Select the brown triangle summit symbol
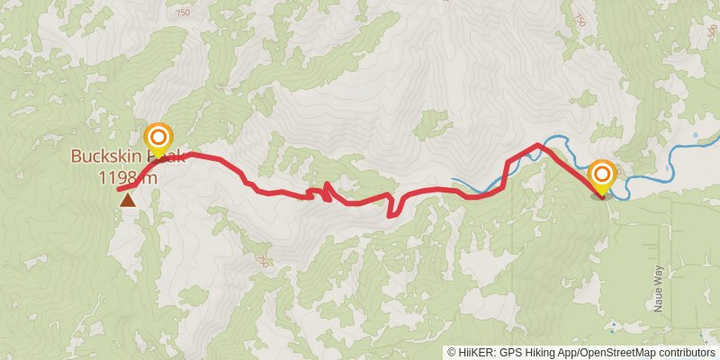[128, 200]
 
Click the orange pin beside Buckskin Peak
[158, 139]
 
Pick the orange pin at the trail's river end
[601, 174]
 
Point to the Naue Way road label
[658, 286]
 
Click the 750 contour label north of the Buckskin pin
[184, 13]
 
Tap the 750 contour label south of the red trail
[262, 261]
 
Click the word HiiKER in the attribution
[477, 353]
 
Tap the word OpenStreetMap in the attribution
[613, 353]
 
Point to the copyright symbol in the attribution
[452, 353]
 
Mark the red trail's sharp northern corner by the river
[538, 145]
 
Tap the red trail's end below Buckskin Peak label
[119, 189]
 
